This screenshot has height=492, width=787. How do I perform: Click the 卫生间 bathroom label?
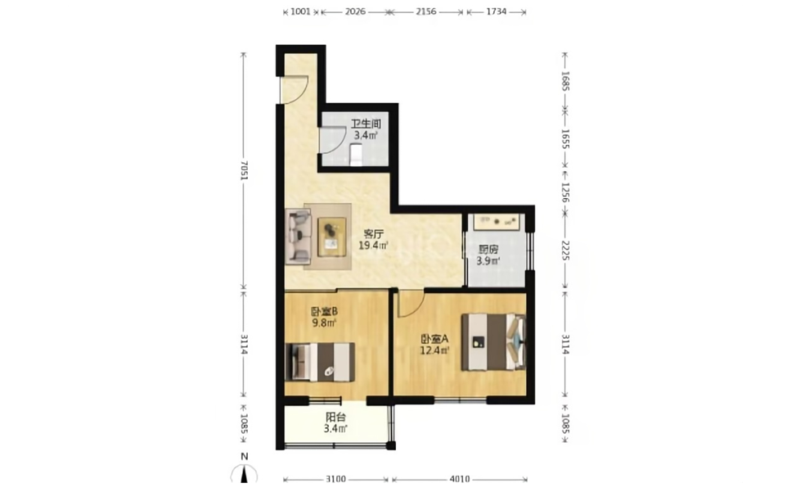[x=366, y=124]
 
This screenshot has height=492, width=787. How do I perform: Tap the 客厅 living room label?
[x=373, y=234]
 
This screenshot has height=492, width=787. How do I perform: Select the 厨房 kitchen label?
[x=488, y=249]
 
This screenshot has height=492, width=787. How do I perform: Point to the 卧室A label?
[x=434, y=338]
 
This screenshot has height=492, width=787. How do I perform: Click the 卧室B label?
[x=324, y=311]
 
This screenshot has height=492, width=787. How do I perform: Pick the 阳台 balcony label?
[x=335, y=418]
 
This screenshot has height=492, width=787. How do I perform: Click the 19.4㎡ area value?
[x=373, y=246]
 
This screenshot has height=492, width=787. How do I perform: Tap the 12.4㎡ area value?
[x=434, y=350]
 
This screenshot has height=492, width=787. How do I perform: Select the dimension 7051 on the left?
[x=244, y=170]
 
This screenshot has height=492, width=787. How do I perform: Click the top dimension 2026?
[x=355, y=11]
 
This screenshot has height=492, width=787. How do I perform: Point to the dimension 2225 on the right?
[x=565, y=250]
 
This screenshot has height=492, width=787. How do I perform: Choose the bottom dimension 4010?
[x=460, y=479]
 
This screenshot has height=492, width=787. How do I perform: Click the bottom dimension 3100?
[x=335, y=479]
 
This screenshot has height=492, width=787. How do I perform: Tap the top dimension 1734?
[x=496, y=11]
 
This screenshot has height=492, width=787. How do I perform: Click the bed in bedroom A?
[x=493, y=342]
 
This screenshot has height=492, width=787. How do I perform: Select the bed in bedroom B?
[x=320, y=362]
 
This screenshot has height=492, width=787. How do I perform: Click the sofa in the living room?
[x=299, y=237]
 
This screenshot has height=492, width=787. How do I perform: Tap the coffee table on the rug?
[x=331, y=237]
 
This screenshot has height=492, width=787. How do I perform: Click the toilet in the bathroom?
[x=356, y=155]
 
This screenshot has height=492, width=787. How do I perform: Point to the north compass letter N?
[x=245, y=457]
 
